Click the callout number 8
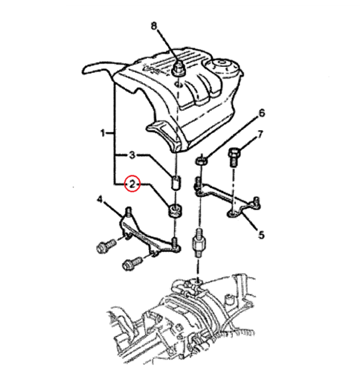(x=154, y=26)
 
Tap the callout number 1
(x=103, y=133)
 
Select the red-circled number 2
(x=132, y=184)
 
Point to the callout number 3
(x=132, y=155)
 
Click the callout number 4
(x=100, y=200)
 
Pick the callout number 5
(x=262, y=235)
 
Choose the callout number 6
(x=262, y=113)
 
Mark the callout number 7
(x=260, y=134)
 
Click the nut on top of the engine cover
(x=179, y=69)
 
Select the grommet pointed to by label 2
(x=175, y=211)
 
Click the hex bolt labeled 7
(x=234, y=156)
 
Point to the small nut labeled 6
(x=201, y=160)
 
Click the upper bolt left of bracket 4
(x=107, y=246)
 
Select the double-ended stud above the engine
(x=198, y=243)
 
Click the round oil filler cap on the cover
(x=223, y=66)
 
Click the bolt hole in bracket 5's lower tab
(x=232, y=213)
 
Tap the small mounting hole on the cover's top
(x=178, y=84)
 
